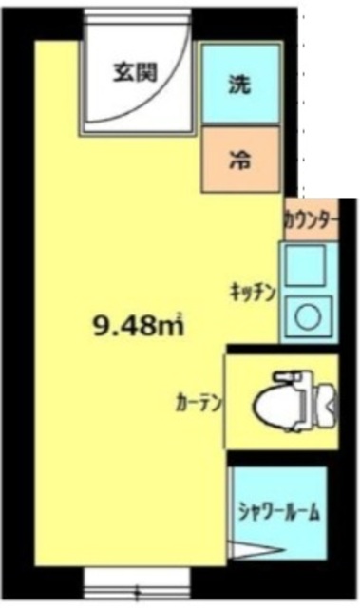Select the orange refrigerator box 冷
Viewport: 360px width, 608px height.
[x=241, y=160]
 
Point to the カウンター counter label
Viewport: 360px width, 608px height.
[x=310, y=219]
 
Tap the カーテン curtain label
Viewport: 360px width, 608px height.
[x=199, y=402]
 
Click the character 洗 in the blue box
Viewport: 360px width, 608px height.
[x=241, y=84]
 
